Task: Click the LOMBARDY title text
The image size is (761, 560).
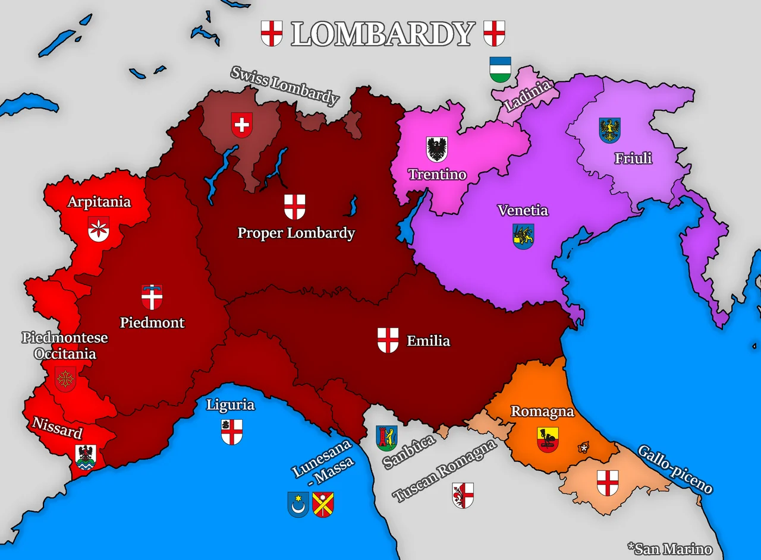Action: click(383, 34)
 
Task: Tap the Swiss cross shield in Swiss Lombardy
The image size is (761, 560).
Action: click(242, 125)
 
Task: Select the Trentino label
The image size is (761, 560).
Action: click(437, 175)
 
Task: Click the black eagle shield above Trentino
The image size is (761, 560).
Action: click(437, 149)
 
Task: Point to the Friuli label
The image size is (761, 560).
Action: click(633, 158)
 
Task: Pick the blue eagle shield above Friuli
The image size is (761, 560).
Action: click(609, 130)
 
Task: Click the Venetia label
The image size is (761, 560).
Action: click(523, 210)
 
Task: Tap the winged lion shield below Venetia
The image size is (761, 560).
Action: click(523, 236)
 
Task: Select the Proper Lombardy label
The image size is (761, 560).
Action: click(296, 233)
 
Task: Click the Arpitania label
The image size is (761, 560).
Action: click(99, 202)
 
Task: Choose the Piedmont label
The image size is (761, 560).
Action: click(152, 322)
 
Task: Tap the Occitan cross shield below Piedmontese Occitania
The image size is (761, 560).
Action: click(65, 379)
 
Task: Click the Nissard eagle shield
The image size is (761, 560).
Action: click(86, 457)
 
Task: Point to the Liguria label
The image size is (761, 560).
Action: click(231, 405)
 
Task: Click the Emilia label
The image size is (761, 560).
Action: click(428, 341)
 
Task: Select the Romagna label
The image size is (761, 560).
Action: click(542, 412)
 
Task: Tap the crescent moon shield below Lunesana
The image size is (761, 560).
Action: click(298, 504)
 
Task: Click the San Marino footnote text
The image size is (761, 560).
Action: click(669, 548)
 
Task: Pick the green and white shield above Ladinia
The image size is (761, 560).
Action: click(500, 69)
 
